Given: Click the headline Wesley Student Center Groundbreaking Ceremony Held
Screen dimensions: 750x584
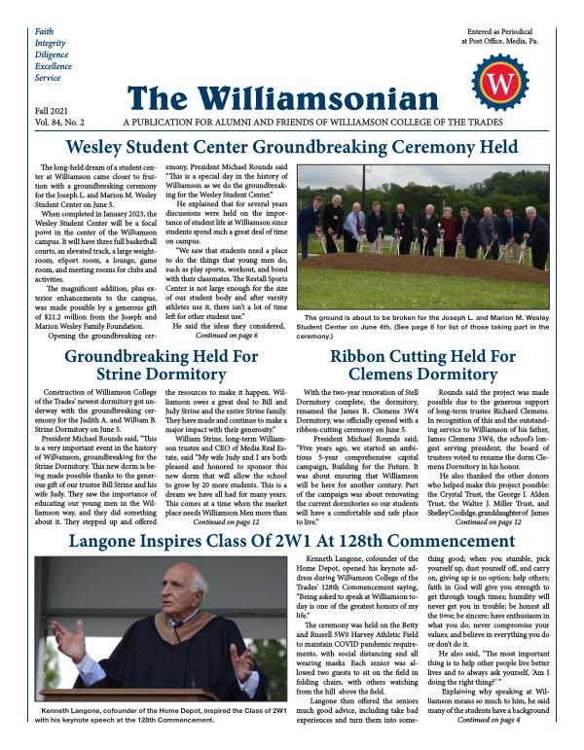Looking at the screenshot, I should [292, 149].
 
